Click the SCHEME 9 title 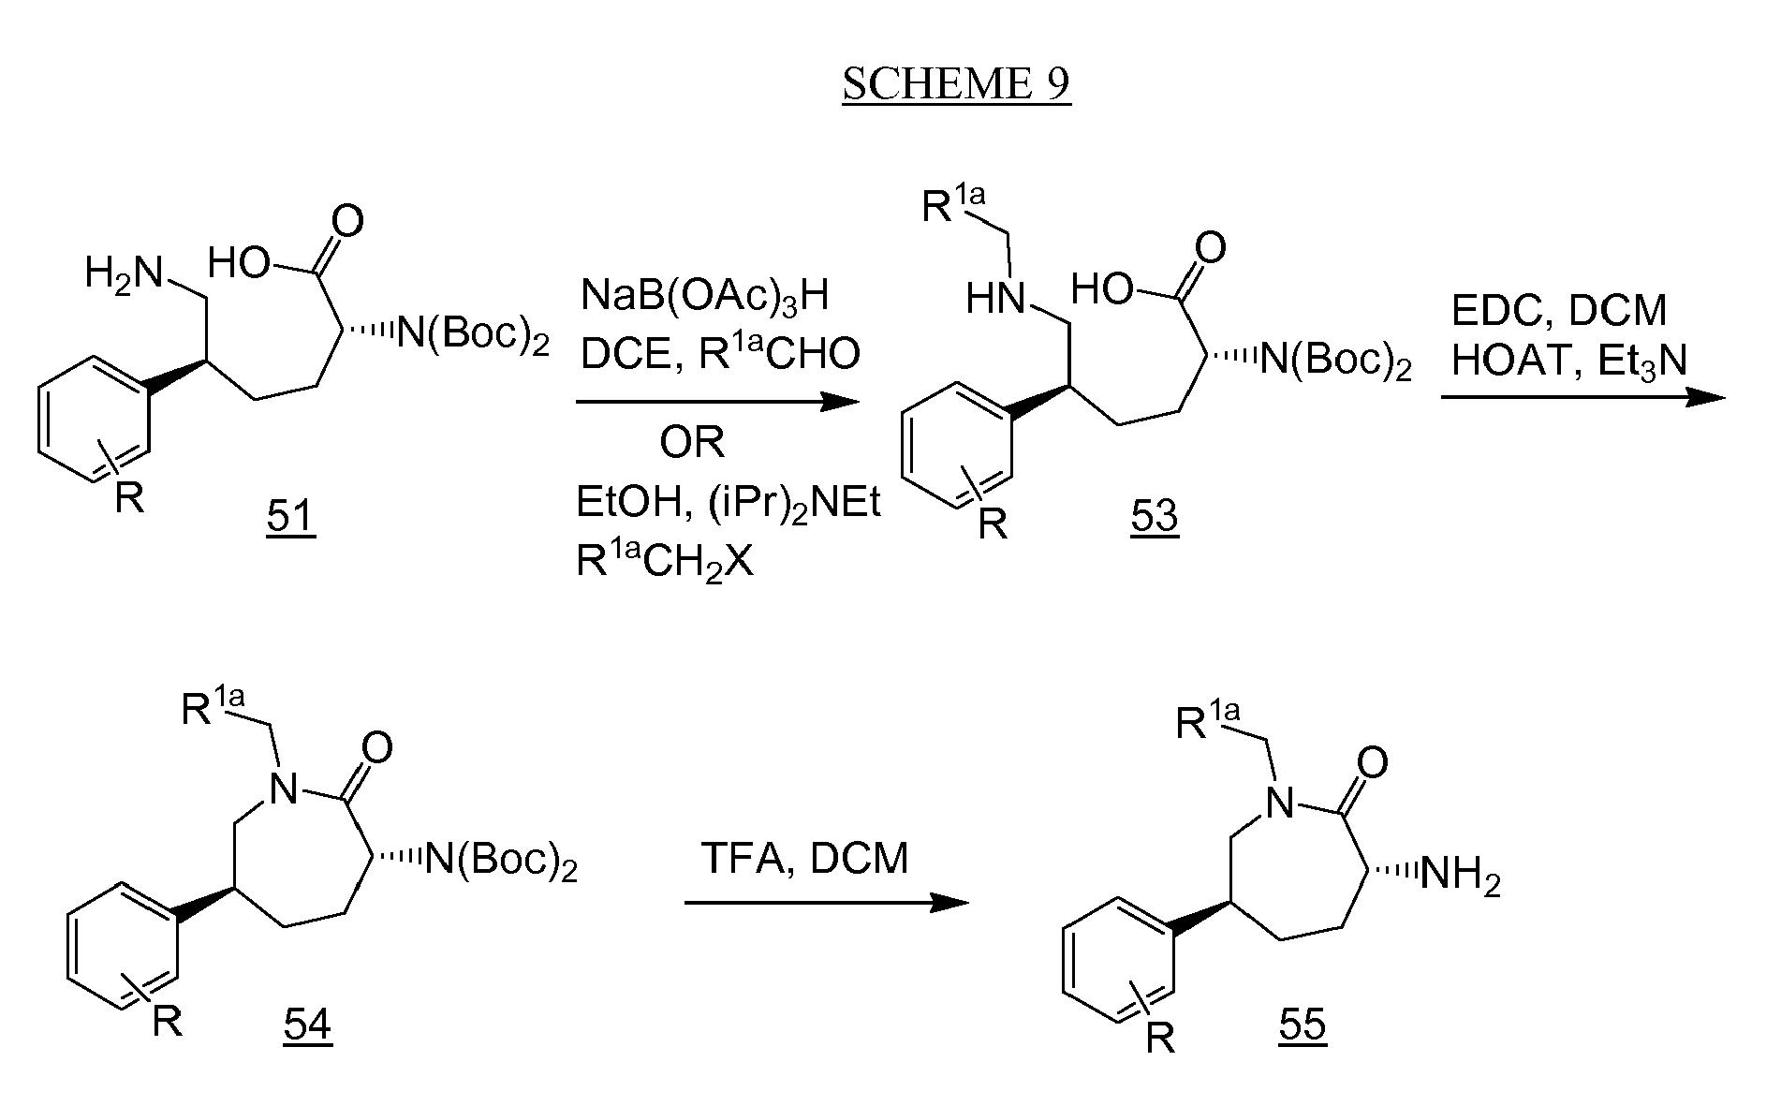956,84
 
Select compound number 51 290,516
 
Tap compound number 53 1154,516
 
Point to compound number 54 307,1025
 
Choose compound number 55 1303,1025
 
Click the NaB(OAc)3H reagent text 705,297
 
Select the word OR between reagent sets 692,443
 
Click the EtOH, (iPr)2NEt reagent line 729,505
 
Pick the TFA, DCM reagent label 805,858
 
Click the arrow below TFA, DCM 826,903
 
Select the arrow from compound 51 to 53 717,403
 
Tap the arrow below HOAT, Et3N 1582,398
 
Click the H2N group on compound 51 124,273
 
